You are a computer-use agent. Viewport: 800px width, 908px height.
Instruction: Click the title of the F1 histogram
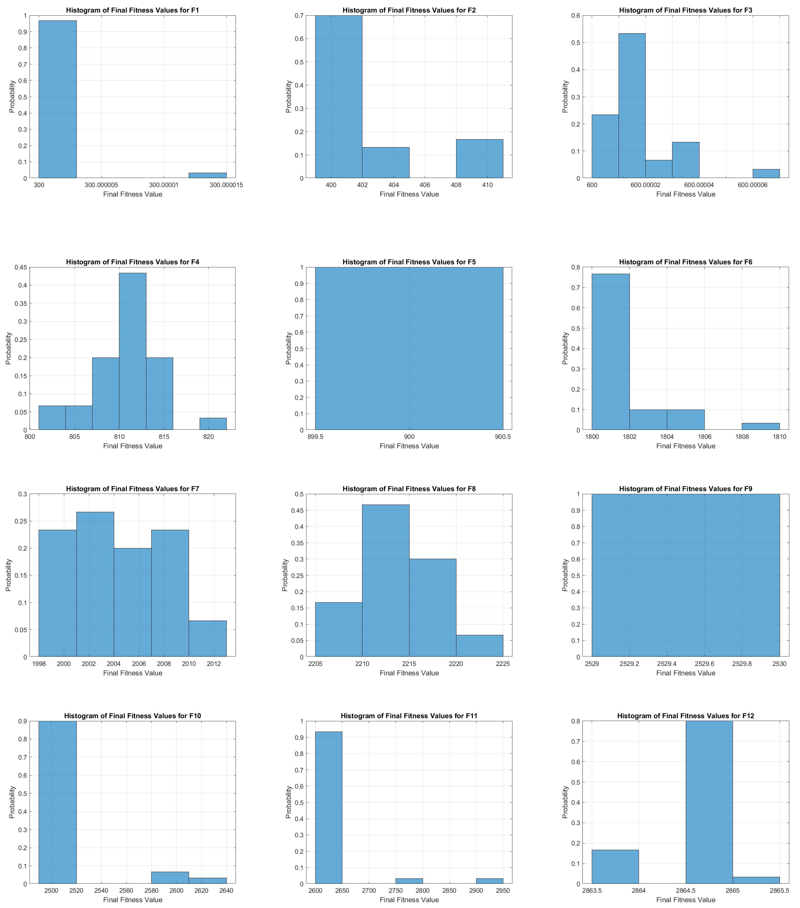[132, 10]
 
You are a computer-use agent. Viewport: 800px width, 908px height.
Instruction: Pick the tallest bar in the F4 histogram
[132, 351]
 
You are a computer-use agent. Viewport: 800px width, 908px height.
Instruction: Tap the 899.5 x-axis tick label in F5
[315, 437]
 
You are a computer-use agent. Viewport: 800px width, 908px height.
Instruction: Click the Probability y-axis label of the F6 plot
[565, 348]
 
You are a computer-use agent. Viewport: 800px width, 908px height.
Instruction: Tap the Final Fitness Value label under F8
[409, 673]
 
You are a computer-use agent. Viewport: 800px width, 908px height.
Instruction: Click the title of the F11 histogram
[409, 716]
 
